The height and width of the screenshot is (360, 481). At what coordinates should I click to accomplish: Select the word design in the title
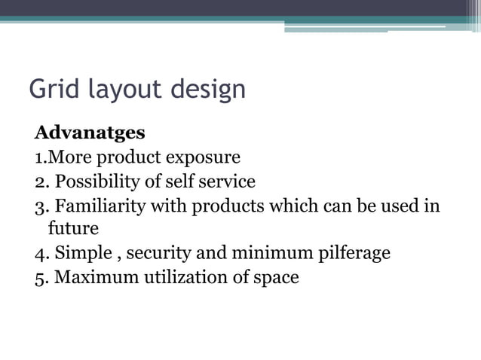pos(207,90)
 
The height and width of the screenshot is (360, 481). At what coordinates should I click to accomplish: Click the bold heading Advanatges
pos(89,133)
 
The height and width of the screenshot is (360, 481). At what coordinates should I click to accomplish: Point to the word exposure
pos(203,157)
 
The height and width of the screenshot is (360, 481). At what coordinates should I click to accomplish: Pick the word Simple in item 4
pos(83,252)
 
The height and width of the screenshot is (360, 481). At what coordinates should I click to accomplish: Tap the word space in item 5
pos(273,276)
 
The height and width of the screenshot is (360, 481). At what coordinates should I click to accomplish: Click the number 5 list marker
pos(40,276)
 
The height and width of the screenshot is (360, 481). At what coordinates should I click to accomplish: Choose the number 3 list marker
pos(40,206)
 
